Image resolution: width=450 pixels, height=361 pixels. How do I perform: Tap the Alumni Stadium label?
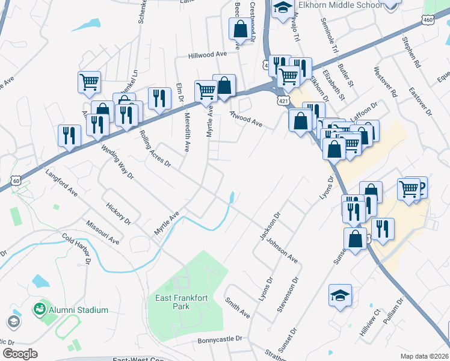79,310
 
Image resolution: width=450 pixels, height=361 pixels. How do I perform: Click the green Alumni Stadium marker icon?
40,309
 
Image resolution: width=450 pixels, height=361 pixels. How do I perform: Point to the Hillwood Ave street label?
208,54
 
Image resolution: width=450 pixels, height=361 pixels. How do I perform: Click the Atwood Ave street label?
247,119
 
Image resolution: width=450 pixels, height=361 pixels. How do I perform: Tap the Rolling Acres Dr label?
155,148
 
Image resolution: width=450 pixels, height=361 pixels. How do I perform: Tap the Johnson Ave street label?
283,250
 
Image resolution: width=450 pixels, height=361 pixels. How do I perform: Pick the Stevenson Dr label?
288,294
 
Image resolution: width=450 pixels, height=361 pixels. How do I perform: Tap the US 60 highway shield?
17,180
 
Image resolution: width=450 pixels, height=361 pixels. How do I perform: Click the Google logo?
20,353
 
